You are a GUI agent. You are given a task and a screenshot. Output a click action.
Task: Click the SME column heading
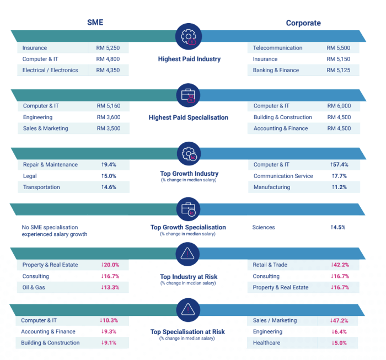(95, 23)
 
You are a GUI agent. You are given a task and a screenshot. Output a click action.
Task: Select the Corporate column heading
(303, 23)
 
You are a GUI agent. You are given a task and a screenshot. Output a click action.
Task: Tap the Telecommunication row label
(277, 48)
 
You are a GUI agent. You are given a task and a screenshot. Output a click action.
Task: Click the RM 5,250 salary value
(108, 48)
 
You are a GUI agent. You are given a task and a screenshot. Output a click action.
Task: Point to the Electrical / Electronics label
(50, 70)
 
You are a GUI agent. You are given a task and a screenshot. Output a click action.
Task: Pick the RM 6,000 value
(339, 106)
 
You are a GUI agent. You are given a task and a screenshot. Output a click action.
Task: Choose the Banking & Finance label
(276, 70)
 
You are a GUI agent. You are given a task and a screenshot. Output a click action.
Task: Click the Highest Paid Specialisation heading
(188, 117)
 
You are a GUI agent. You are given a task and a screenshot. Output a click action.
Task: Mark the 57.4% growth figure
(339, 165)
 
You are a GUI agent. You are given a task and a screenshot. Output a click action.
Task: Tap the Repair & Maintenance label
(50, 165)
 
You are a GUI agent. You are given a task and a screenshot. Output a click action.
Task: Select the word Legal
(30, 176)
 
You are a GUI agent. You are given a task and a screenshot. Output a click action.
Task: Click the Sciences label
(264, 227)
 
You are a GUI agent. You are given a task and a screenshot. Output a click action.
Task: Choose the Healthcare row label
(267, 342)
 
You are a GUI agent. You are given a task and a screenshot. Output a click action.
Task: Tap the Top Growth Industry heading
(188, 173)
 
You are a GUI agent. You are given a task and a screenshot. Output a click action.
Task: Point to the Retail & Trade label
(270, 265)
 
